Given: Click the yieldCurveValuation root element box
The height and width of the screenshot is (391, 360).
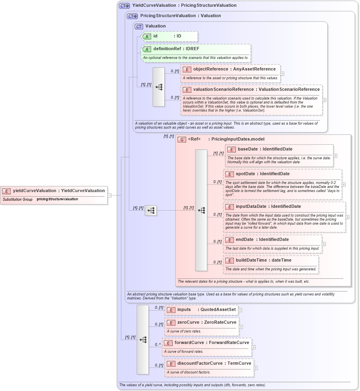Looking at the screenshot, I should pyautogui.click(x=54, y=191).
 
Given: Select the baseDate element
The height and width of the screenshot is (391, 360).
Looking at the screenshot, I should pyautogui.click(x=265, y=149).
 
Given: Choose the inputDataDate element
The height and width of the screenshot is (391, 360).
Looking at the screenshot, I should pyautogui.click(x=268, y=207).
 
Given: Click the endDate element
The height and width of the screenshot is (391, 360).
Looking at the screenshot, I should pyautogui.click(x=262, y=240).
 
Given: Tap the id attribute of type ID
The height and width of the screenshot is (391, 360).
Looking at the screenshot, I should pyautogui.click(x=167, y=36).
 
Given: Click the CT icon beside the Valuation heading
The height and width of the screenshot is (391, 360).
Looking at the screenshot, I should pyautogui.click(x=139, y=26).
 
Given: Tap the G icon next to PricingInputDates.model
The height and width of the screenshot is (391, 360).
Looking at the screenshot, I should pyautogui.click(x=182, y=139).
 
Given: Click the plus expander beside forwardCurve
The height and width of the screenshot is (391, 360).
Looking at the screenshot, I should pyautogui.click(x=254, y=347).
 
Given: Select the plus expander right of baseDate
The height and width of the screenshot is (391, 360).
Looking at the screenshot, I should pyautogui.click(x=335, y=156).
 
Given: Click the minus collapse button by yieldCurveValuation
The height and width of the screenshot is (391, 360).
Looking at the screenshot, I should pyautogui.click(x=109, y=195).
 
